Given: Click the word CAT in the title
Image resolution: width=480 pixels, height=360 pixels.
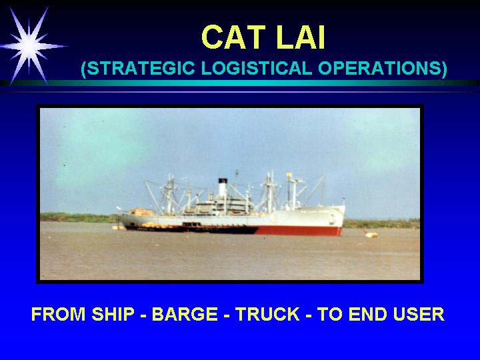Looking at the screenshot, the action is click(233, 37).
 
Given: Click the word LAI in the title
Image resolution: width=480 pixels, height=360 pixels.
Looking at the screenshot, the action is click(300, 37).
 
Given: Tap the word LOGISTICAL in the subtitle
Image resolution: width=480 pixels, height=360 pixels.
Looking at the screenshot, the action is click(257, 68).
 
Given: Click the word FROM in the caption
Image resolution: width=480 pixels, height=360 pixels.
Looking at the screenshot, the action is click(59, 314).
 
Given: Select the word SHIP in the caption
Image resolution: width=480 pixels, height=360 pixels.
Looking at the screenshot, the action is click(113, 314).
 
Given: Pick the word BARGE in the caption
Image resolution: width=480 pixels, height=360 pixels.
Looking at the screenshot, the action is click(185, 314).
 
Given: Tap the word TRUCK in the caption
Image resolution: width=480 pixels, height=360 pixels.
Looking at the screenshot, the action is click(267, 314).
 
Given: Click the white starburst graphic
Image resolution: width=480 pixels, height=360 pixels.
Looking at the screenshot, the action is click(29, 46).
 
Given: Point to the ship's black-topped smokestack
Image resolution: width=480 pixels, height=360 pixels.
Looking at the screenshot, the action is click(223, 187).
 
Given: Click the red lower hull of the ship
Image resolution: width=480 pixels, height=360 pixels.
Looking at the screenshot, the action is click(299, 231).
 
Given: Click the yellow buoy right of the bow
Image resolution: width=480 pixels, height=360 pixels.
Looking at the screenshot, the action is click(371, 235).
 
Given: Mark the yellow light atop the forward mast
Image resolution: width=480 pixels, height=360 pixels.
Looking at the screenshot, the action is click(289, 175).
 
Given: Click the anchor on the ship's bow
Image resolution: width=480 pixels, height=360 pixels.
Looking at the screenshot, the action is click(333, 219).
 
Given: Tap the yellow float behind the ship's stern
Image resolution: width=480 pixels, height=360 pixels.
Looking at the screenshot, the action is click(118, 227).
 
